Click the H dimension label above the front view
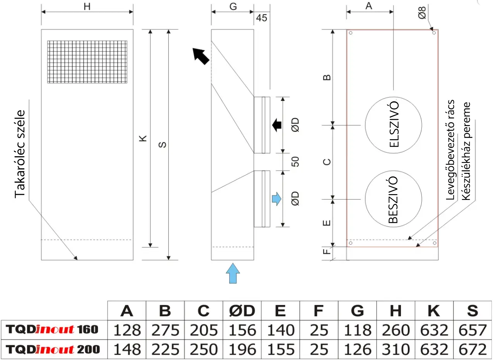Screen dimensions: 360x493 (x=87, y=7)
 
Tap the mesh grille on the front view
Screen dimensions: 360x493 (x=87, y=62)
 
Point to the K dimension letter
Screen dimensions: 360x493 (x=143, y=138)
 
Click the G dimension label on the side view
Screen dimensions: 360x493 (x=233, y=7)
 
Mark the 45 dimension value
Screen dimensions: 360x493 (x=262, y=18)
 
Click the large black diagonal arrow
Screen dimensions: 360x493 (x=201, y=56)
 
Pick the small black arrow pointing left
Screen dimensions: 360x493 (x=277, y=125)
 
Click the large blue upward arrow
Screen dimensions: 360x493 (x=233, y=273)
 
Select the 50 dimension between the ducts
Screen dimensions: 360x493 (x=296, y=162)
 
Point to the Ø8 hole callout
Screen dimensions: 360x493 (x=422, y=13)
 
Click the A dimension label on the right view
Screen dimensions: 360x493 (x=369, y=6)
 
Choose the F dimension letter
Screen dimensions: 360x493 (x=327, y=251)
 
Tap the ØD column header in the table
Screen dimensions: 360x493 (x=242, y=311)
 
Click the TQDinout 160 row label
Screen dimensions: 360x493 (x=52, y=330)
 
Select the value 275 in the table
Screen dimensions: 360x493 (x=165, y=330)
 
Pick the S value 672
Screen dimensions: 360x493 (x=472, y=350)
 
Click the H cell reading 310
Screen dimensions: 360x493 (x=395, y=350)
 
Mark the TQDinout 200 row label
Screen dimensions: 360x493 (x=53, y=350)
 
